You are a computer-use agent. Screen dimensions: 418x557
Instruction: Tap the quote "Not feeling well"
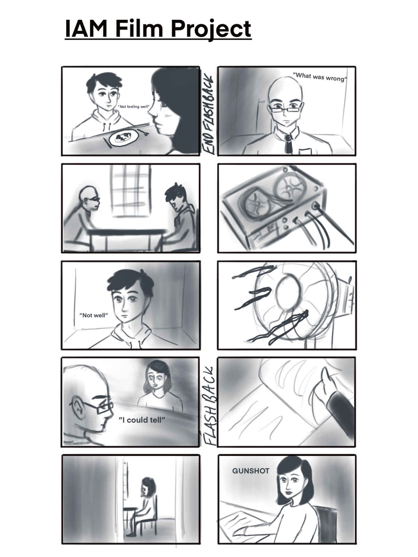click(133, 107)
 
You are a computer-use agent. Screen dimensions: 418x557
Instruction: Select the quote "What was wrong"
click(320, 77)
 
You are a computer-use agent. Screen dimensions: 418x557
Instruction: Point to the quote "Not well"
click(94, 315)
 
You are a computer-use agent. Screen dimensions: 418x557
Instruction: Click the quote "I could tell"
click(142, 420)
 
